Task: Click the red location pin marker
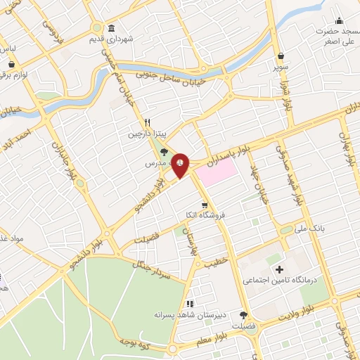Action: tap(181, 162)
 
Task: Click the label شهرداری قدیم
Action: tap(110, 39)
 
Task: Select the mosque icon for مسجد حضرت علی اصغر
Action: tap(339, 20)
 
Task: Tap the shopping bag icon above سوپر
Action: tap(281, 56)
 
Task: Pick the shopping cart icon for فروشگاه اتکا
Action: tap(204, 205)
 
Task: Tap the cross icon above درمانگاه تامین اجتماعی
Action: tap(279, 269)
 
